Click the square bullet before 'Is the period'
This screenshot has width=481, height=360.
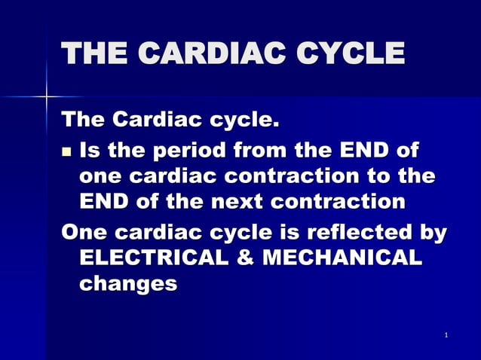pyautogui.click(x=66, y=151)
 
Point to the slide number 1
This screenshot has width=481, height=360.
pyautogui.click(x=446, y=334)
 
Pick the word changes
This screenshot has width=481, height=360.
pyautogui.click(x=127, y=283)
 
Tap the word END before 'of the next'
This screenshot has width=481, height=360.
pyautogui.click(x=105, y=203)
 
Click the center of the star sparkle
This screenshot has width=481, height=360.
pyautogui.click(x=47, y=96)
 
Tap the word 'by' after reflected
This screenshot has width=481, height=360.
pyautogui.click(x=431, y=230)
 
